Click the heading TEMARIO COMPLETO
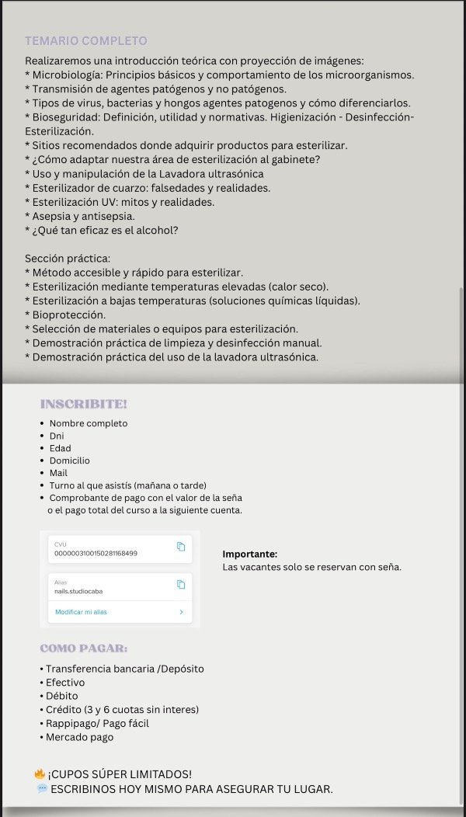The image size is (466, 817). [85, 40]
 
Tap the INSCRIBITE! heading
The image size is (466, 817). [83, 404]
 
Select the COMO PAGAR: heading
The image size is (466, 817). [84, 648]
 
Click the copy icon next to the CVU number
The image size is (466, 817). [181, 547]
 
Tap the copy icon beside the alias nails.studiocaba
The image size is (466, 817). [181, 584]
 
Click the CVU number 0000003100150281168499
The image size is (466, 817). [96, 553]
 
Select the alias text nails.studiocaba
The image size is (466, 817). [78, 591]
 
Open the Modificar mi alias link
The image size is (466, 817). [81, 612]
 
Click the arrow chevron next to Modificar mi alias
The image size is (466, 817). [181, 612]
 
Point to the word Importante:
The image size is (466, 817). [249, 554]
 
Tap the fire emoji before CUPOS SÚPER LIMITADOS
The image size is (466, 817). [40, 774]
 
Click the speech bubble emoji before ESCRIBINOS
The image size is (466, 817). [42, 788]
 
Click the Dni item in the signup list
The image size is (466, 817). [57, 436]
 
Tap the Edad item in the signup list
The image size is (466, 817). [60, 448]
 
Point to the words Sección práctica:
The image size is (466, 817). [67, 258]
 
